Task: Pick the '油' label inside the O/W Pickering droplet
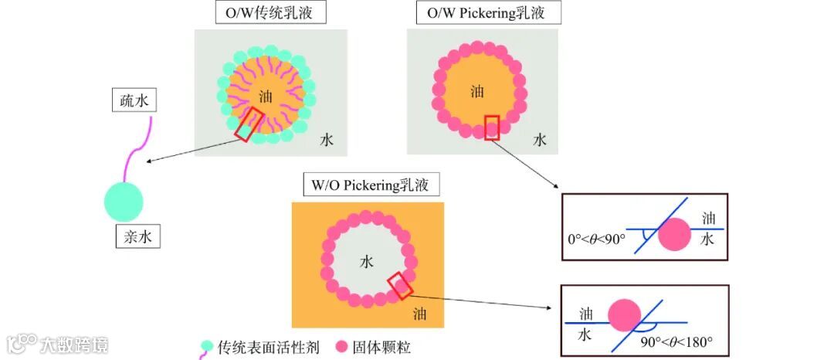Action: [x=477, y=91]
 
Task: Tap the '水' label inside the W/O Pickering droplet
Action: [x=367, y=261]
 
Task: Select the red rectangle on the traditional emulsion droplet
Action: [x=249, y=124]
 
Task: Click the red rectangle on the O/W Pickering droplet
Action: [x=492, y=127]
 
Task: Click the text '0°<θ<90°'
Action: [x=595, y=239]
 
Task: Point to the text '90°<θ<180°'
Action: [x=676, y=341]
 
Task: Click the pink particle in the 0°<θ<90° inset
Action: [x=675, y=234]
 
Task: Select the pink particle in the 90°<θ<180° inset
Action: [x=624, y=314]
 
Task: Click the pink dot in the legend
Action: [x=342, y=347]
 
